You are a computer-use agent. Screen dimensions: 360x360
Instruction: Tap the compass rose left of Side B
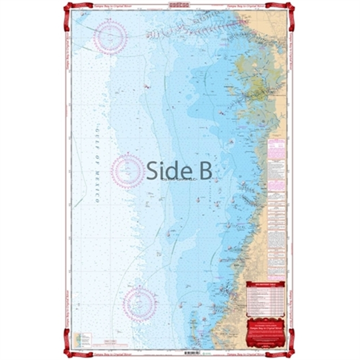(x=128, y=170)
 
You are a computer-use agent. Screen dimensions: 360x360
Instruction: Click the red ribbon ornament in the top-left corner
(x=70, y=7)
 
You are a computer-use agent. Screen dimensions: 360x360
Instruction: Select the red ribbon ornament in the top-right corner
(x=288, y=7)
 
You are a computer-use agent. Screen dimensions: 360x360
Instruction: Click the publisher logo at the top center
(x=179, y=4)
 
